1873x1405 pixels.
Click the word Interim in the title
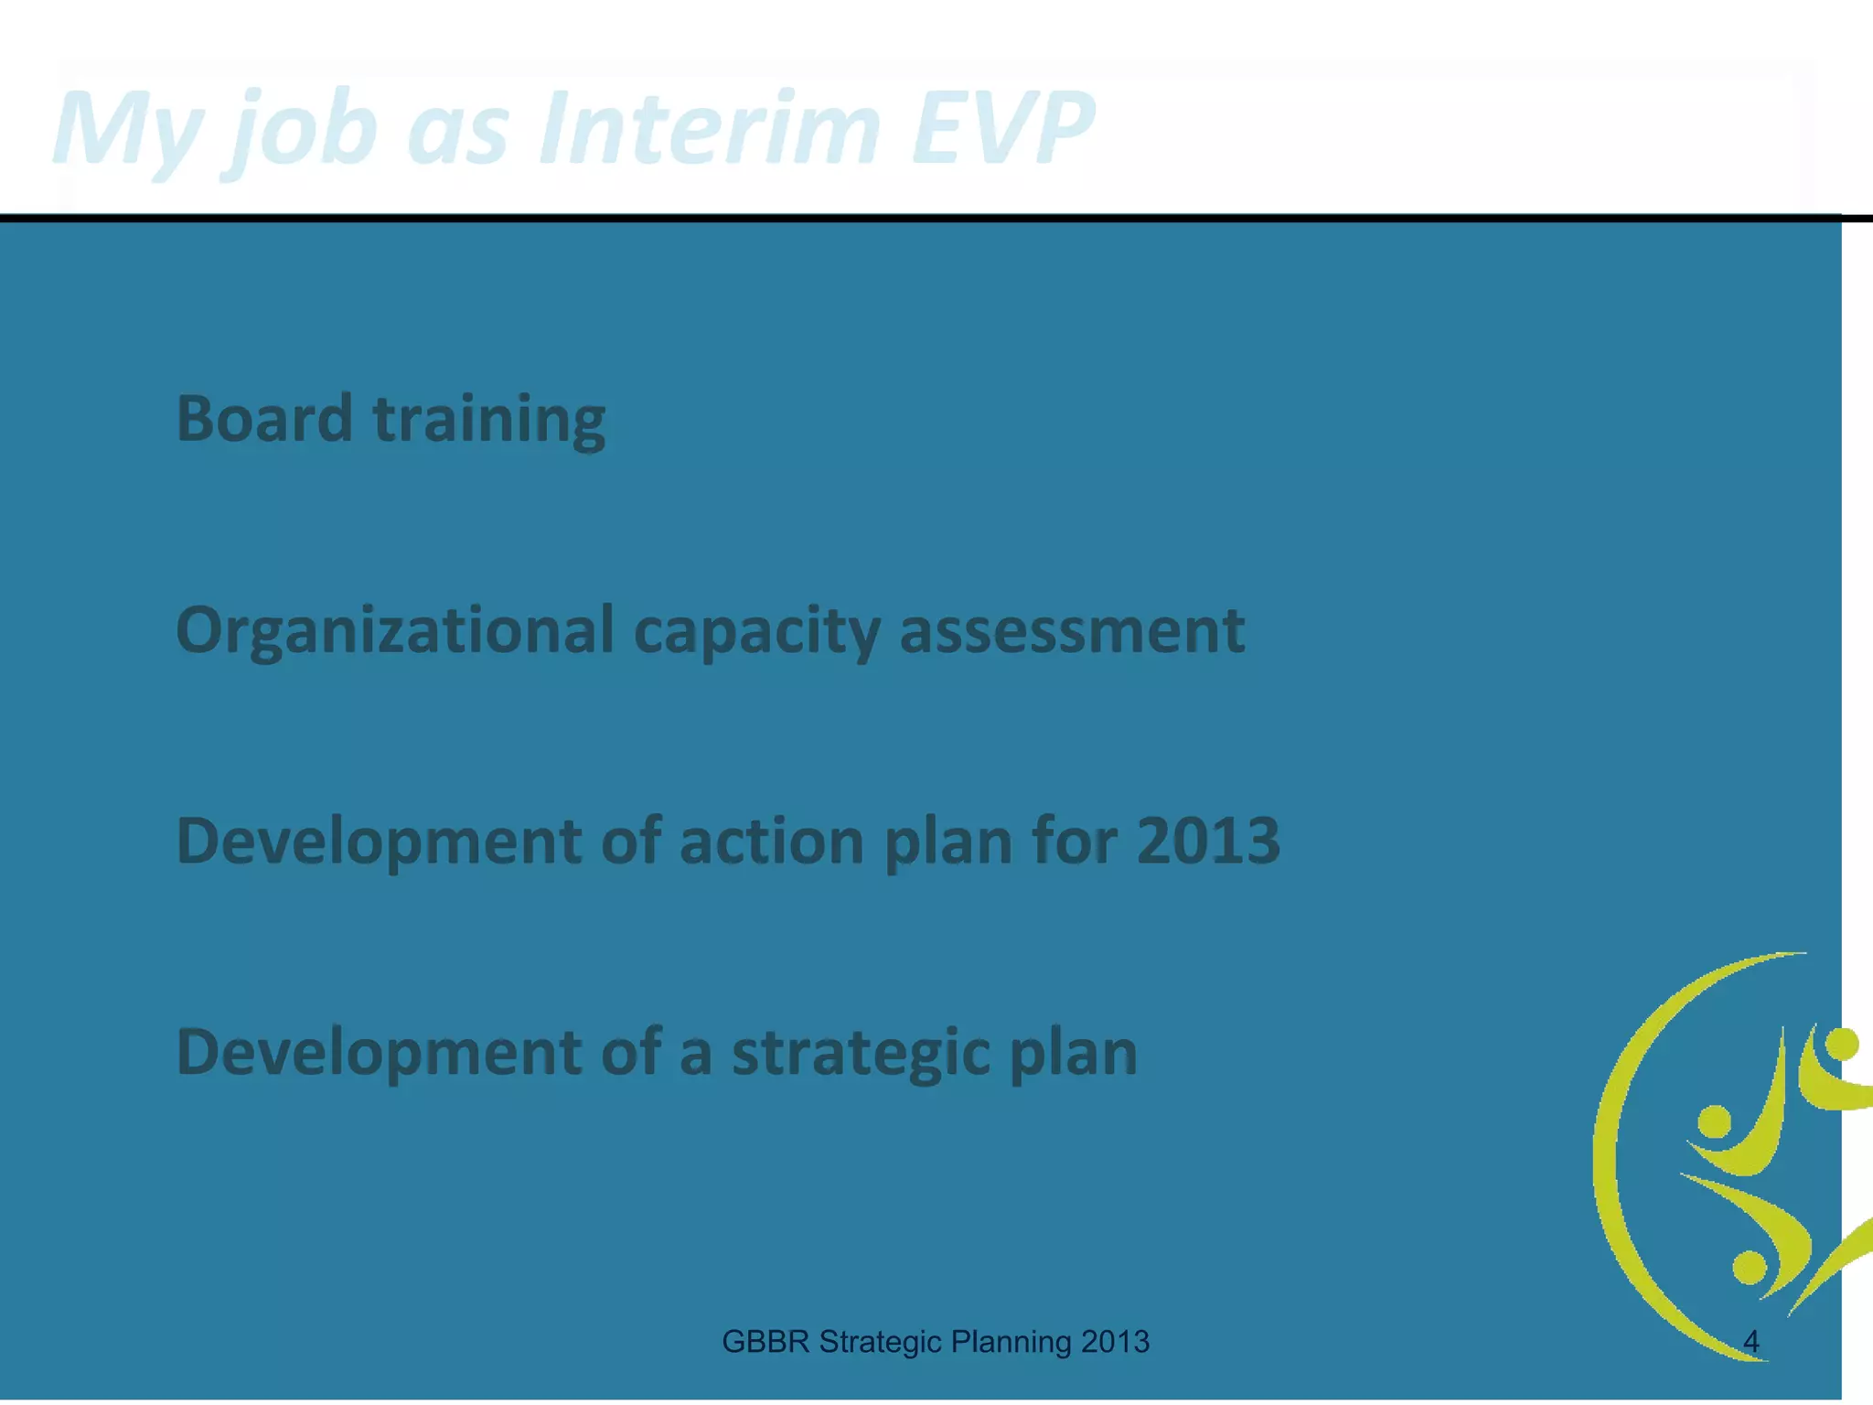click(709, 128)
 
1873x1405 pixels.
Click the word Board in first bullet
click(264, 418)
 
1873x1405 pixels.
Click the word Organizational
click(394, 631)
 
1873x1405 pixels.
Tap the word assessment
click(1072, 631)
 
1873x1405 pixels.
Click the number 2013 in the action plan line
click(1207, 841)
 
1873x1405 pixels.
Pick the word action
click(771, 841)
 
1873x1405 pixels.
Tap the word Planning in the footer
click(1011, 1342)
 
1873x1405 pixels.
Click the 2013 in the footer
click(1114, 1342)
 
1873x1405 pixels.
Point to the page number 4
click(1750, 1342)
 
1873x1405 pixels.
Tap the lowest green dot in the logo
click(1750, 1267)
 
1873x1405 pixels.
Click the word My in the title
click(128, 128)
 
